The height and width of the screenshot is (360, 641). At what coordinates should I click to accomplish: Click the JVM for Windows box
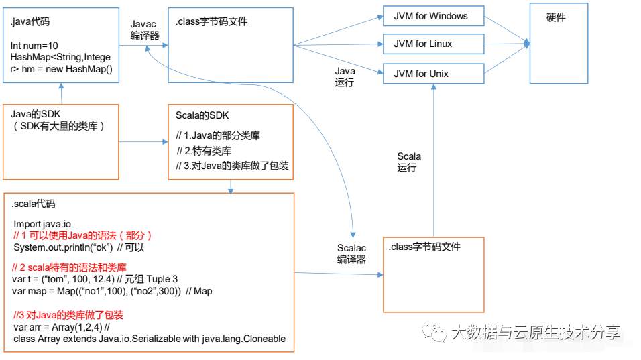coord(433,16)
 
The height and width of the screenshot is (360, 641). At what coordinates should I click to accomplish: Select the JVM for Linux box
coord(433,44)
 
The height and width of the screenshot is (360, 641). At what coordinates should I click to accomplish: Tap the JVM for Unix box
coord(433,73)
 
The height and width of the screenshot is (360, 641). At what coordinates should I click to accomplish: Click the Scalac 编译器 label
coord(351,253)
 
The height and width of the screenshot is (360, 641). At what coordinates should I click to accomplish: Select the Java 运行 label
coord(345,76)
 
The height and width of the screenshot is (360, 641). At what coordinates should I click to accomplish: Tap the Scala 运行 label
coord(408,162)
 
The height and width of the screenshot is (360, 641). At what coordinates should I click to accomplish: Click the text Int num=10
coord(34,46)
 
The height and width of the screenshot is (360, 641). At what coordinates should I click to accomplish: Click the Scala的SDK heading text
coord(202,115)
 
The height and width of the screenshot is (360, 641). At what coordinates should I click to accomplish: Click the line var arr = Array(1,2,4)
coord(60,326)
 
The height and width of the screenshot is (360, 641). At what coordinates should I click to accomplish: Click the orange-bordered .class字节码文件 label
coord(424,247)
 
